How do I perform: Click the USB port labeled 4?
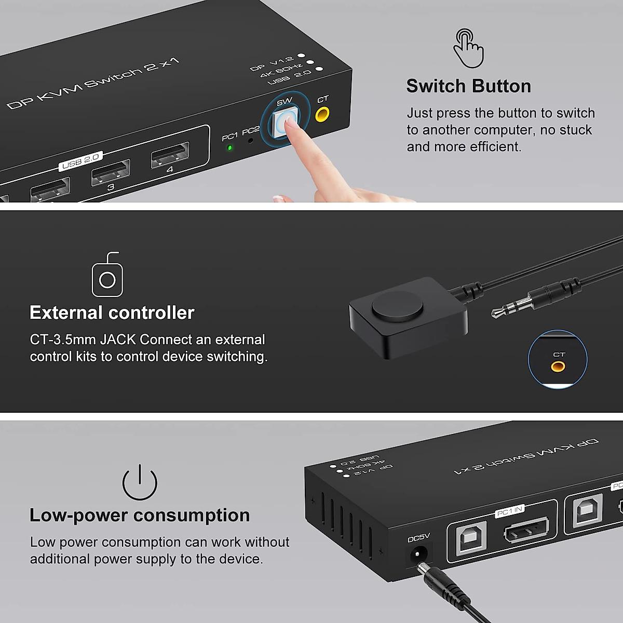click(170, 155)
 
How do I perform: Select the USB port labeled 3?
click(110, 172)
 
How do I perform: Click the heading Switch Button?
click(468, 86)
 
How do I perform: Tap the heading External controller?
click(112, 313)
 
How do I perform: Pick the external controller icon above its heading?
click(107, 276)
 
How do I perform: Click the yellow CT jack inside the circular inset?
click(558, 367)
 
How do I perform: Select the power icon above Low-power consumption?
click(140, 483)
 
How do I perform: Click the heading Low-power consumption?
click(140, 515)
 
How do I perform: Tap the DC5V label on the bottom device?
click(418, 538)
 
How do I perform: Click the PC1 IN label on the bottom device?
click(509, 511)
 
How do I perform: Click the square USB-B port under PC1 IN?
click(471, 536)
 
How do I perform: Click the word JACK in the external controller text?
click(118, 340)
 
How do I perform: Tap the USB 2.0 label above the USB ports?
click(80, 161)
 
